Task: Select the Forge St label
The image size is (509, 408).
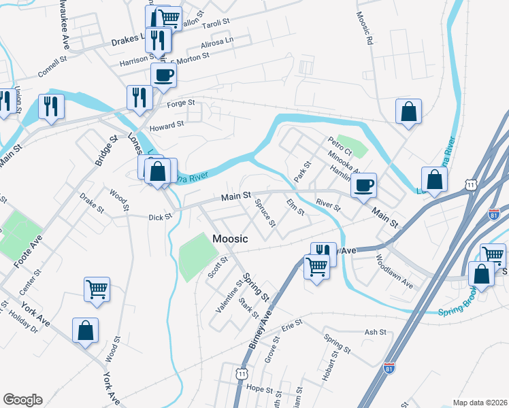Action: click(182, 103)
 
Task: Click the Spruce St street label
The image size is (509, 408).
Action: click(265, 213)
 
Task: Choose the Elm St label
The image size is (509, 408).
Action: click(295, 207)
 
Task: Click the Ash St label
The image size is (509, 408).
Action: click(375, 332)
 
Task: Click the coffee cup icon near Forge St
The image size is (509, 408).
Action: click(163, 75)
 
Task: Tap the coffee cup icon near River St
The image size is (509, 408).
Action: click(364, 184)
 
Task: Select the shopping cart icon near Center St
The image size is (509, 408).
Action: click(97, 289)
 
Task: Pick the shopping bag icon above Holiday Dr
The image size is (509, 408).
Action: click(86, 330)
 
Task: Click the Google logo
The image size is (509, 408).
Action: click(22, 400)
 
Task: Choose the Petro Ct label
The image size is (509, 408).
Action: click(338, 146)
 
